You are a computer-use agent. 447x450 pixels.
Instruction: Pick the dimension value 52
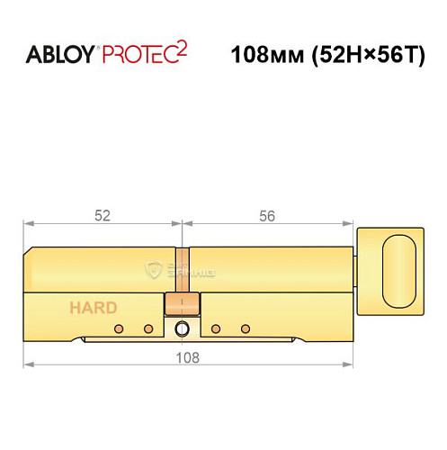[x=103, y=216]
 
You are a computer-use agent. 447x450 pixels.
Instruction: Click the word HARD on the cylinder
[x=93, y=308]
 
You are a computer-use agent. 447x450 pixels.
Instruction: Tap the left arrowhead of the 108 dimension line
[x=28, y=364]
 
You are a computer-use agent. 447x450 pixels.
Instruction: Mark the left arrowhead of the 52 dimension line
[x=28, y=224]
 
